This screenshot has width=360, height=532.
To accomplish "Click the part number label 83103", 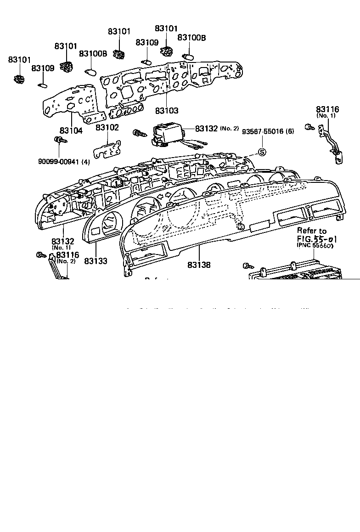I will (x=166, y=111).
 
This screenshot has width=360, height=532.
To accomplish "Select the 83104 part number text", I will (x=71, y=130).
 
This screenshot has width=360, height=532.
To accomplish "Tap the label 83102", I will (x=107, y=127).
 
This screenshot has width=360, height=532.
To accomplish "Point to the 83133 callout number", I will (x=96, y=261).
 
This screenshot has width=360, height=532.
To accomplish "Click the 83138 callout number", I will (x=199, y=265).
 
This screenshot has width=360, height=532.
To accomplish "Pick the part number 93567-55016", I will (x=263, y=131).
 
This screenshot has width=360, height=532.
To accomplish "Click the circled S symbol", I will (x=262, y=152).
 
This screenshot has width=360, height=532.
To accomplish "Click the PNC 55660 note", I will (x=315, y=246).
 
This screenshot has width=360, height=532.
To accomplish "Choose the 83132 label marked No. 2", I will (x=206, y=129).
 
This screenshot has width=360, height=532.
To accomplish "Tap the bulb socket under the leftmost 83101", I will (x=19, y=79).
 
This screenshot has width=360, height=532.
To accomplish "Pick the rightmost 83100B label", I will (x=191, y=38).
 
